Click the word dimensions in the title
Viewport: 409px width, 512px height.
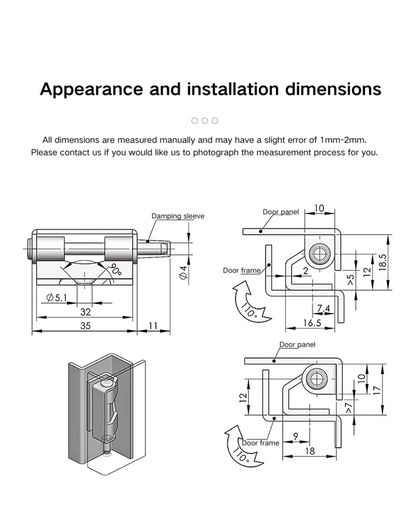tap(333, 89)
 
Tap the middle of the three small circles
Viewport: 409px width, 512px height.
tap(205, 120)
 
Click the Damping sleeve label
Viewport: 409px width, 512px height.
tap(178, 216)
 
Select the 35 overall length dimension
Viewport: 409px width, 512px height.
tap(85, 326)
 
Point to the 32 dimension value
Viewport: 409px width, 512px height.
tap(85, 312)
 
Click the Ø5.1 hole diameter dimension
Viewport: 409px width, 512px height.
tap(56, 297)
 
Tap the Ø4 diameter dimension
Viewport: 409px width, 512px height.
tap(184, 273)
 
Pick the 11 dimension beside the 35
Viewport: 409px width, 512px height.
tap(153, 326)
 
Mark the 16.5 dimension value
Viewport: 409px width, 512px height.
tap(312, 323)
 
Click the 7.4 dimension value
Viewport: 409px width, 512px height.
tap(323, 308)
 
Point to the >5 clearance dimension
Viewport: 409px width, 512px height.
tap(351, 280)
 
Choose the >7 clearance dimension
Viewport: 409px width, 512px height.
tap(348, 407)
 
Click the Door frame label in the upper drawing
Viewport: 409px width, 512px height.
tap(241, 270)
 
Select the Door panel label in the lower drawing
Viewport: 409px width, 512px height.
tap(297, 344)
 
